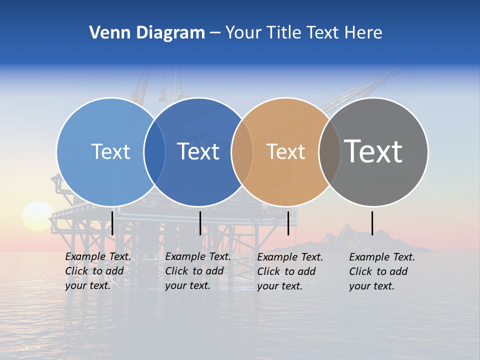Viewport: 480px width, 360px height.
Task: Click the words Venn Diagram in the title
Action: (x=147, y=33)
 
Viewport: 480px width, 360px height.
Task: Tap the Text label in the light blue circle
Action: (x=110, y=151)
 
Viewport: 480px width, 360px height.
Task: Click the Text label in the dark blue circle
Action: (x=198, y=151)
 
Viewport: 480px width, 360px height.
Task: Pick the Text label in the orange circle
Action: (x=285, y=151)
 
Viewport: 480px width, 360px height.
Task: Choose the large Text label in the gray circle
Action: (x=373, y=151)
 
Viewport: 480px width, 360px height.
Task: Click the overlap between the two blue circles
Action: (x=154, y=152)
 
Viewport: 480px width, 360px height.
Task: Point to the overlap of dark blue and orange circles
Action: (x=242, y=152)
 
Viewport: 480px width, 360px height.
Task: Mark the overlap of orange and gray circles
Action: (x=329, y=152)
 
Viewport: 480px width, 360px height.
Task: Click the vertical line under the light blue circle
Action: (x=112, y=223)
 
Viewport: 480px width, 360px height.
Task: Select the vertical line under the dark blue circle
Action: (x=200, y=223)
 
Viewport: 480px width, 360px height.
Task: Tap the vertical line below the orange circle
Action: (x=288, y=223)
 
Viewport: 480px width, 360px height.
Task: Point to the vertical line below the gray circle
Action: (x=372, y=223)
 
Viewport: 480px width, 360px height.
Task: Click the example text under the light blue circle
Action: (x=97, y=271)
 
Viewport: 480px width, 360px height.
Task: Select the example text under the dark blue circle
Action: (x=197, y=271)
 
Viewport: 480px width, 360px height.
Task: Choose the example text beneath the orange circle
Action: (x=289, y=271)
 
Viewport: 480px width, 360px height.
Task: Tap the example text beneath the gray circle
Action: (x=381, y=271)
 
